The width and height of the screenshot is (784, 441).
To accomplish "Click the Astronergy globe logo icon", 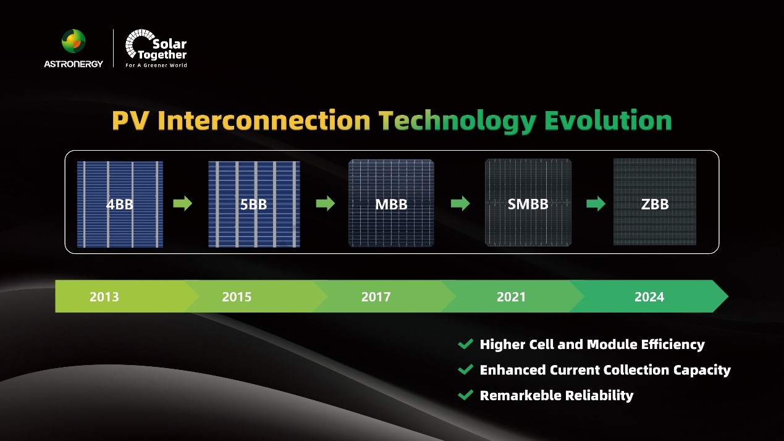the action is [x=74, y=41].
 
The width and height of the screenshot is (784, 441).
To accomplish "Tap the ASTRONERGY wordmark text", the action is [x=74, y=64].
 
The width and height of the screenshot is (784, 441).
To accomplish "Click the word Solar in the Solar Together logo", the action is [x=170, y=44].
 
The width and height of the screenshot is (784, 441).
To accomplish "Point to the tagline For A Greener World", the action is [x=156, y=65].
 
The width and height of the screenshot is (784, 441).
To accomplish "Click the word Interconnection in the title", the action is [x=264, y=120].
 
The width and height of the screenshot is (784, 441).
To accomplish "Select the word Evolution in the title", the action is [x=609, y=120].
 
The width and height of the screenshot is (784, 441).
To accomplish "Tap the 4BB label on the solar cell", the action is [x=120, y=204].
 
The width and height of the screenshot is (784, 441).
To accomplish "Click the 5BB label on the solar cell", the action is [x=254, y=204].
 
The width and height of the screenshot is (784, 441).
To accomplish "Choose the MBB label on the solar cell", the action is [x=391, y=204].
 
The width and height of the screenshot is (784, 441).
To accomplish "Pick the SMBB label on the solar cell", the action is [x=528, y=204].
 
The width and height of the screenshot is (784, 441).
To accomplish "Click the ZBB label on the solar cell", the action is [x=655, y=204].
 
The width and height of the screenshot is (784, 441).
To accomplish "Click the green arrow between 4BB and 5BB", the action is [x=183, y=203].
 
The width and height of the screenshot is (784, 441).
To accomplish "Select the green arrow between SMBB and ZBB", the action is [x=596, y=203].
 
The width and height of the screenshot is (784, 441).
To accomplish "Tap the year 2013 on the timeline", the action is [x=104, y=297].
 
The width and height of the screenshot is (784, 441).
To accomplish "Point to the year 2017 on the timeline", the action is [x=376, y=297].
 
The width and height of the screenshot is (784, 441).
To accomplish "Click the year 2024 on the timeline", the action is [x=649, y=297].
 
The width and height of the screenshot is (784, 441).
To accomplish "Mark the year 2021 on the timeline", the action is [x=511, y=297].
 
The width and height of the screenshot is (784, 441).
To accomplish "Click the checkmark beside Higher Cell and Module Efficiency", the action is [x=465, y=343].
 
